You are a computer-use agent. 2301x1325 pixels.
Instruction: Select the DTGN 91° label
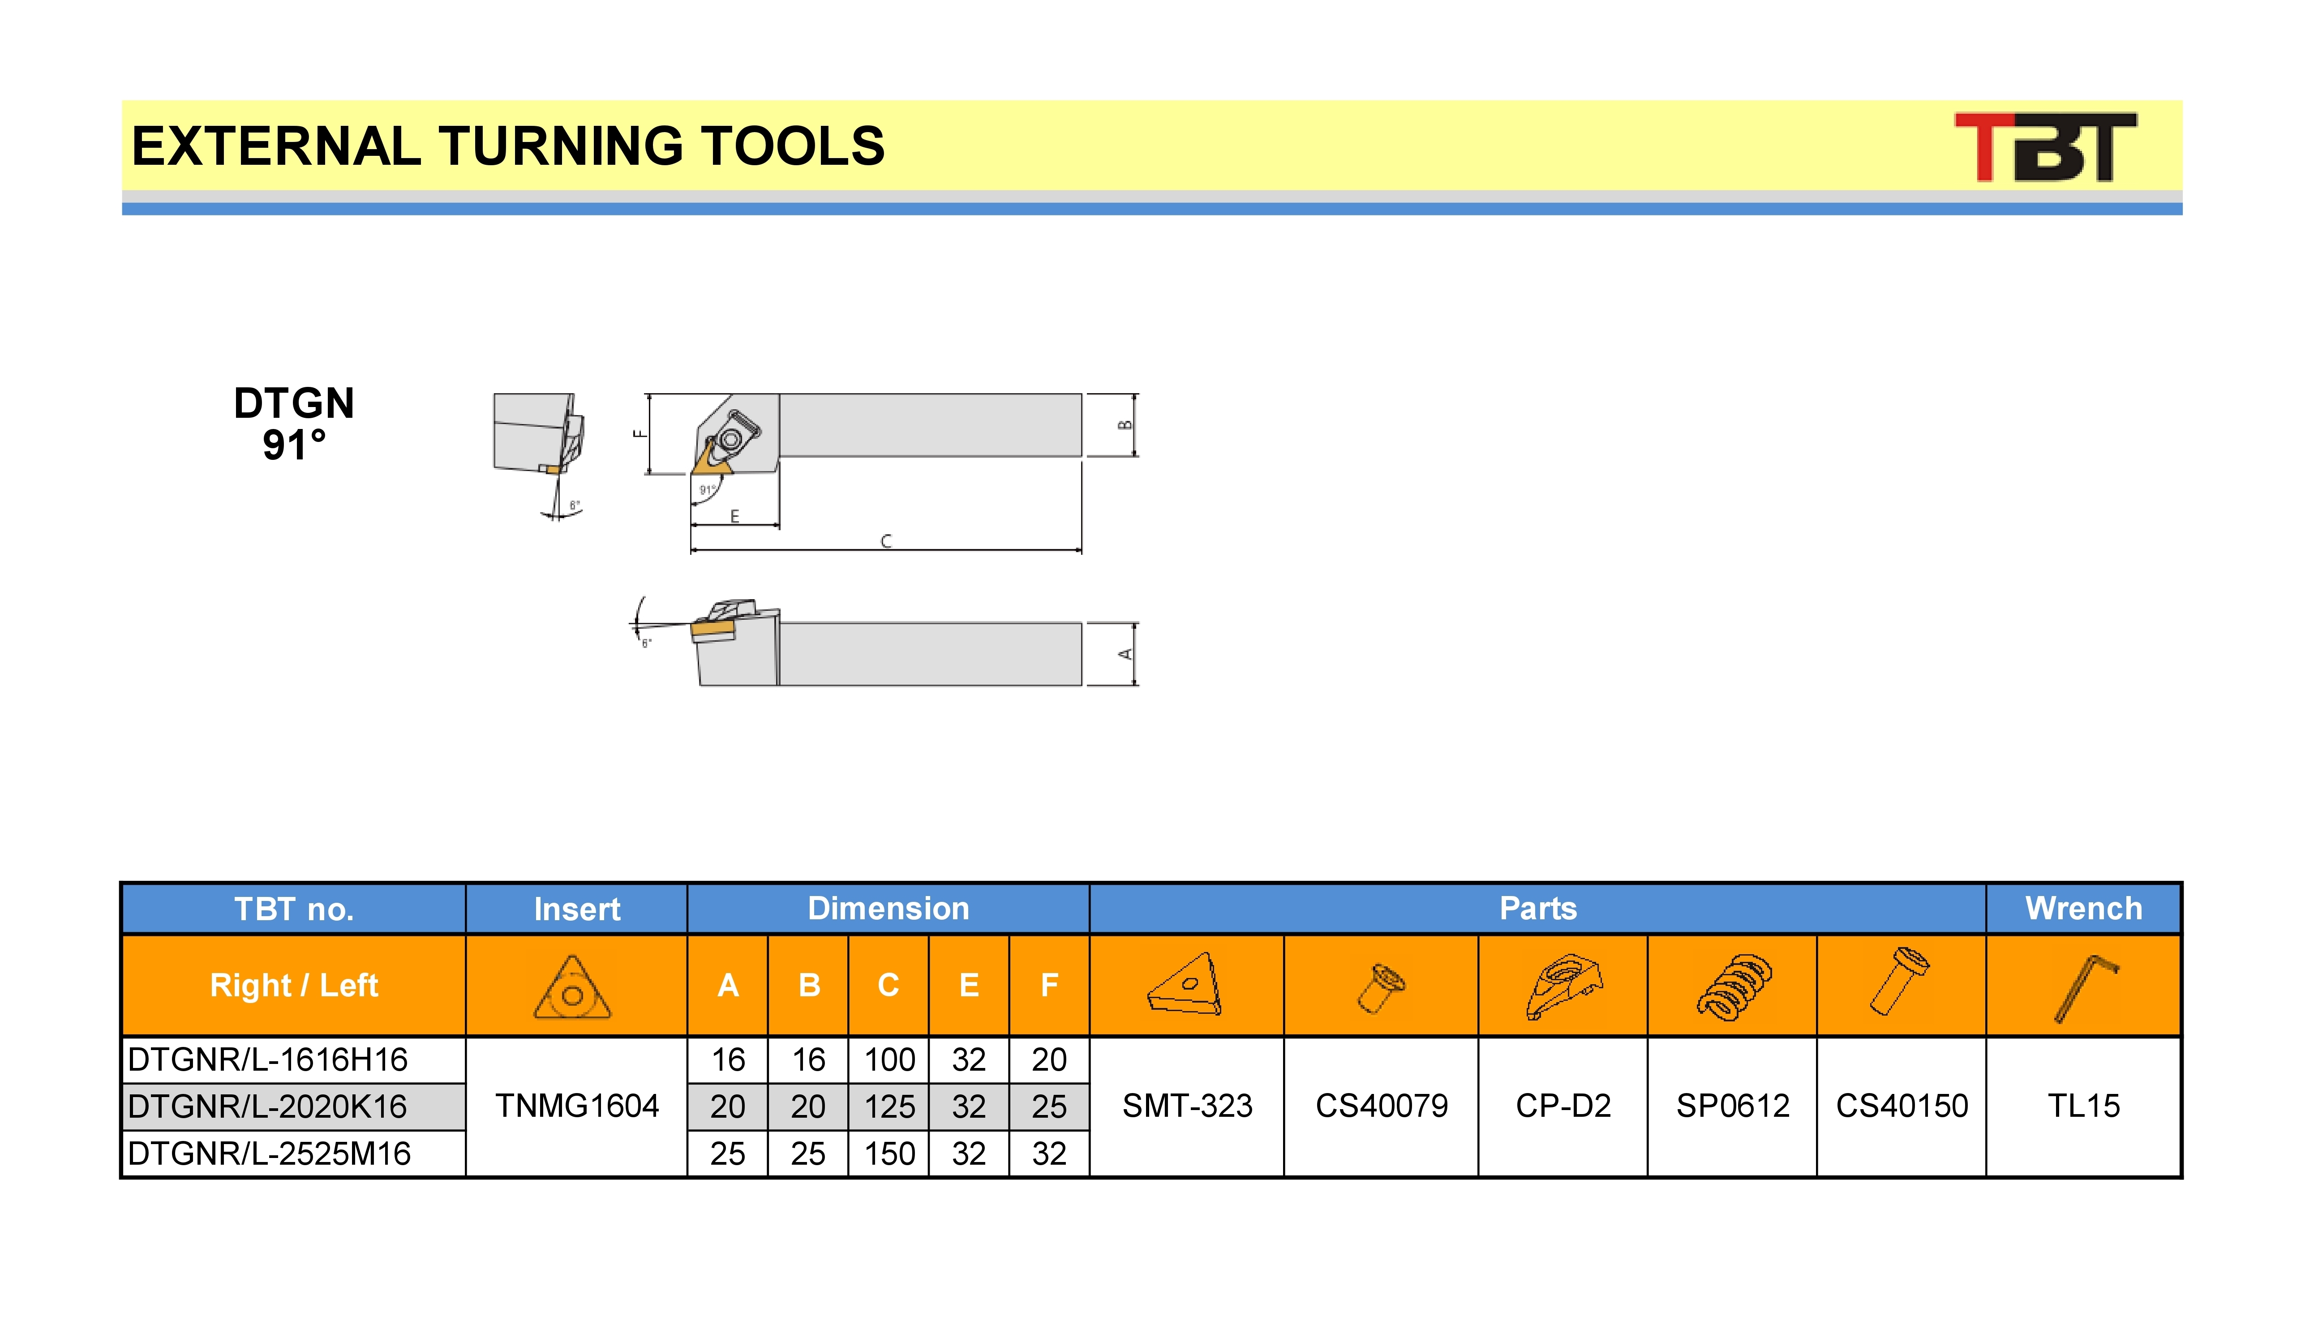294,423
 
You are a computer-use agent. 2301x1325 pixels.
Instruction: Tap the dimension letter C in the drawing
886,541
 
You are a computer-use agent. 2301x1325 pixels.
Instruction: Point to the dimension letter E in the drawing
735,516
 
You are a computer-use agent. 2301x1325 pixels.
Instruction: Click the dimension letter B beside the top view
1125,425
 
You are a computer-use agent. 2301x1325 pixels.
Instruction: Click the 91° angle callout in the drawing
707,489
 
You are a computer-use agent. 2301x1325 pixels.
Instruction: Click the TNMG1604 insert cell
577,1106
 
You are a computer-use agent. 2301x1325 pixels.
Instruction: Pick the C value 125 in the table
889,1106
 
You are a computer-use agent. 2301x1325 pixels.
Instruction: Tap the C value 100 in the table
889,1059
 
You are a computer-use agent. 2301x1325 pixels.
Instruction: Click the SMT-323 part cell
1187,1106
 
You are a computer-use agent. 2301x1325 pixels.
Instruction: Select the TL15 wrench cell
2083,1106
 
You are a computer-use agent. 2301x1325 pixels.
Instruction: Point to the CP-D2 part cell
1563,1106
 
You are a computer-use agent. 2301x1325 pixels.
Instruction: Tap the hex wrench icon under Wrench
2086,988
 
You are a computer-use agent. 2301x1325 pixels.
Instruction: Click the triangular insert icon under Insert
572,987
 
